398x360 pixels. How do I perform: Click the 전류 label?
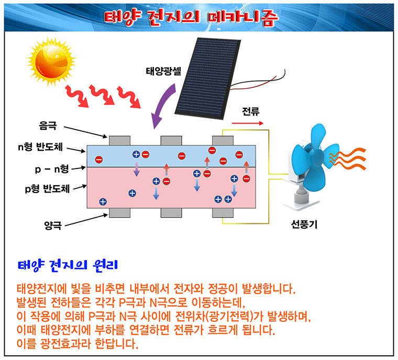251,111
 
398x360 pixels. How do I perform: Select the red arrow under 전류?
248,124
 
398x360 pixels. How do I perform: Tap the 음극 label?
47,126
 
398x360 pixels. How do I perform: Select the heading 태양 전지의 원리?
67,264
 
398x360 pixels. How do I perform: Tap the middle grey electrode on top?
171,140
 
